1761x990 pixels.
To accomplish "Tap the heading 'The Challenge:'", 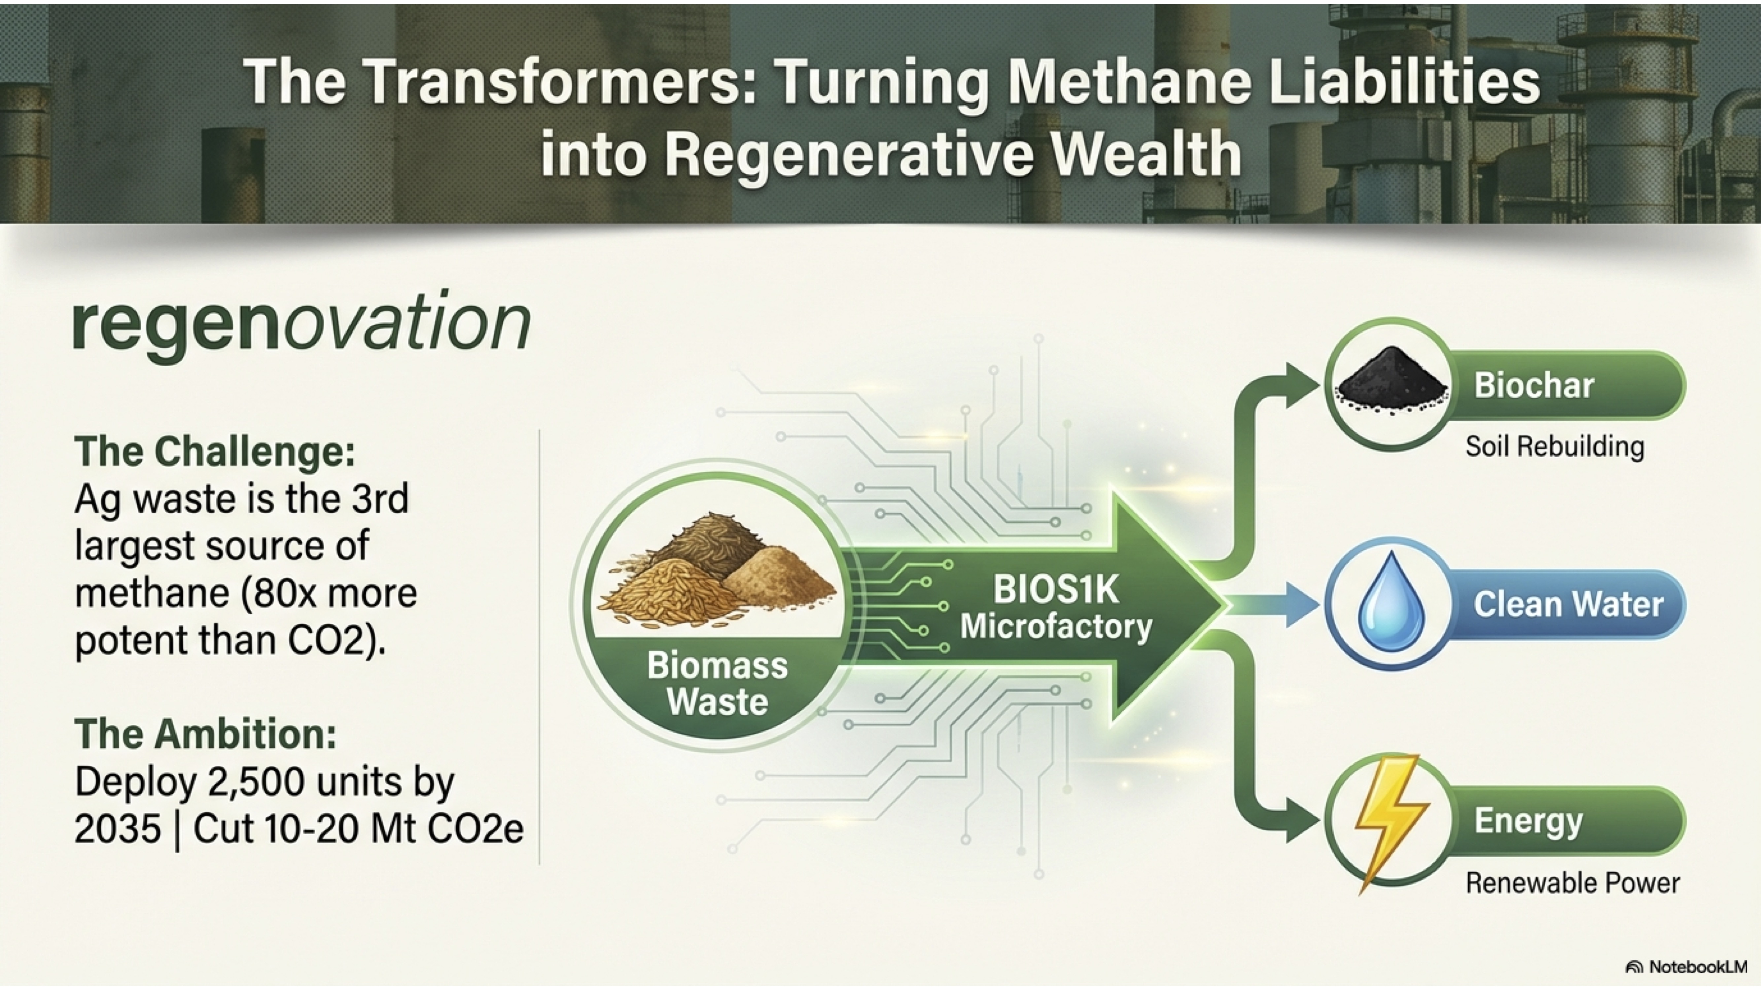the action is click(x=215, y=452).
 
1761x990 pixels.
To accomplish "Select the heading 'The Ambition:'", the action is click(x=205, y=734).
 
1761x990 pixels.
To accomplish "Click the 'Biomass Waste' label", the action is click(x=717, y=684).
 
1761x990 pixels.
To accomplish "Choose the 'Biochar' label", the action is click(x=1533, y=385).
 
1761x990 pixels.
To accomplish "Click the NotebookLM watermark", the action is click(x=1686, y=967).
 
